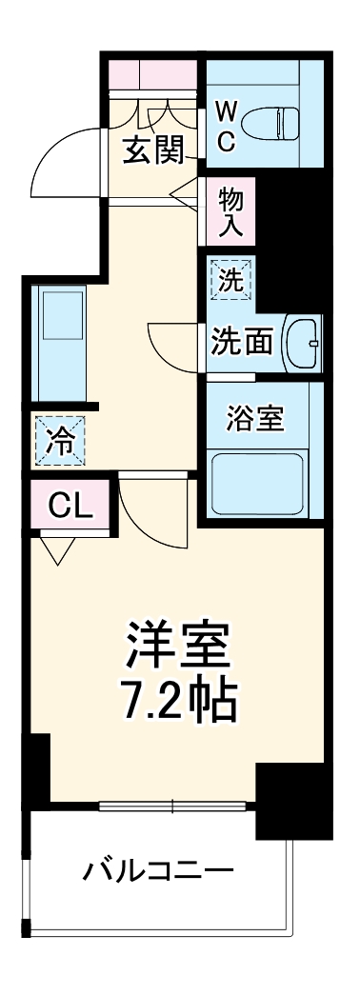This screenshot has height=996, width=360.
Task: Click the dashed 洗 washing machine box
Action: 232,281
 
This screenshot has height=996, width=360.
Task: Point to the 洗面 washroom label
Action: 243,341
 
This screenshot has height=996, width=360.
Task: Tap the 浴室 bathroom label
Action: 255,418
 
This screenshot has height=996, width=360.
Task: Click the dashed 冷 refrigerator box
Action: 60,441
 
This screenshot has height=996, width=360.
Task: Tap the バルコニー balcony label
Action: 157,870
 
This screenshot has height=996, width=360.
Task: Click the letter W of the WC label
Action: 226,110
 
